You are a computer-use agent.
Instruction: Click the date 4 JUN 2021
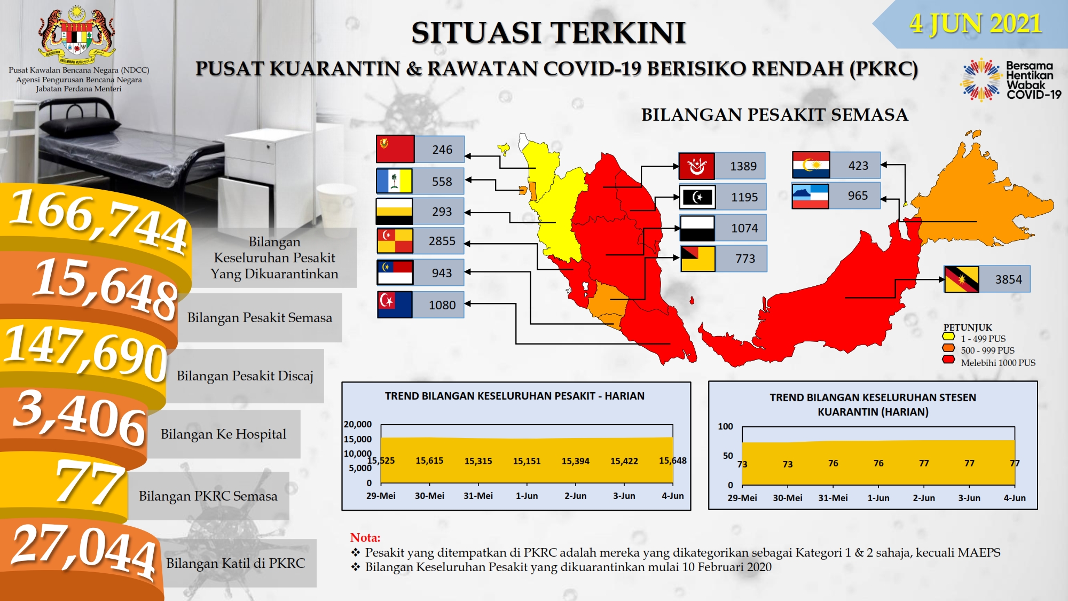pyautogui.click(x=976, y=24)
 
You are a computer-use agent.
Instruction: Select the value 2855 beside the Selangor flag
pyautogui.click(x=442, y=241)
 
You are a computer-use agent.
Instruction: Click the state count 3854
pyautogui.click(x=1008, y=279)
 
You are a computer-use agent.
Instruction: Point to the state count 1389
pyautogui.click(x=743, y=166)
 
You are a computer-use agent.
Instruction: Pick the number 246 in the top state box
pyautogui.click(x=442, y=150)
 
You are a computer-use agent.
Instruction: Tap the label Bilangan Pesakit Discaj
pyautogui.click(x=245, y=376)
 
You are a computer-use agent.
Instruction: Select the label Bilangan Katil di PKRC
pyautogui.click(x=235, y=563)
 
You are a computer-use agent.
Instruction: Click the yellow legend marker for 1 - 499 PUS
pyautogui.click(x=948, y=337)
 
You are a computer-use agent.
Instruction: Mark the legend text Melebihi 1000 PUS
pyautogui.click(x=998, y=363)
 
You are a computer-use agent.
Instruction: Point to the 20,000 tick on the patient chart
pyautogui.click(x=358, y=424)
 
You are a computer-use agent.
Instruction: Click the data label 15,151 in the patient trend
pyautogui.click(x=527, y=461)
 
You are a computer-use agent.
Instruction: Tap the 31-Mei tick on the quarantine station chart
pyautogui.click(x=833, y=498)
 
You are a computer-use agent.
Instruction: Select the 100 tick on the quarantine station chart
pyautogui.click(x=725, y=426)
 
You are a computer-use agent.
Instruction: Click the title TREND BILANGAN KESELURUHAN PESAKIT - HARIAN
pyautogui.click(x=515, y=396)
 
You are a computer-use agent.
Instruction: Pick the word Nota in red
pyautogui.click(x=365, y=537)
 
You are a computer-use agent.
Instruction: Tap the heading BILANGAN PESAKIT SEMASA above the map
pyautogui.click(x=774, y=115)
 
